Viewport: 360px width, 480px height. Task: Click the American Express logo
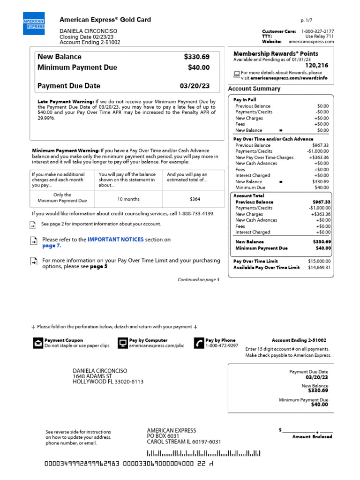(x=34, y=23)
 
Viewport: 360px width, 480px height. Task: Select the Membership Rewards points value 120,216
(x=317, y=66)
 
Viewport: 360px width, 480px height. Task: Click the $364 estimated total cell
(x=195, y=199)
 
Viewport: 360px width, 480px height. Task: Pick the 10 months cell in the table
(x=128, y=199)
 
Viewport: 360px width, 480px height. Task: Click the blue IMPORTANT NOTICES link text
(x=115, y=240)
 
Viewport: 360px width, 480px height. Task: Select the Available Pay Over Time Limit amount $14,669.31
(x=319, y=268)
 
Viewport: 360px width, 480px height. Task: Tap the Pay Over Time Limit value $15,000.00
(x=319, y=261)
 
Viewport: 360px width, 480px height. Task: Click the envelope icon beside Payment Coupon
(x=37, y=343)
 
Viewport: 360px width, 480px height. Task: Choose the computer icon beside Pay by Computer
(x=123, y=343)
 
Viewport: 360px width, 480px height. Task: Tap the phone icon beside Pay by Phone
(x=199, y=343)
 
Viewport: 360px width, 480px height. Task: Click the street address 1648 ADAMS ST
(x=92, y=376)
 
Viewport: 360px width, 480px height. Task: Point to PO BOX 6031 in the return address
(x=163, y=436)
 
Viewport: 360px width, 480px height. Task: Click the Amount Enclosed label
(x=312, y=436)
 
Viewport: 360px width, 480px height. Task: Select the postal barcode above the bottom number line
(x=204, y=453)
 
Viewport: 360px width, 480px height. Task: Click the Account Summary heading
(x=254, y=89)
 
